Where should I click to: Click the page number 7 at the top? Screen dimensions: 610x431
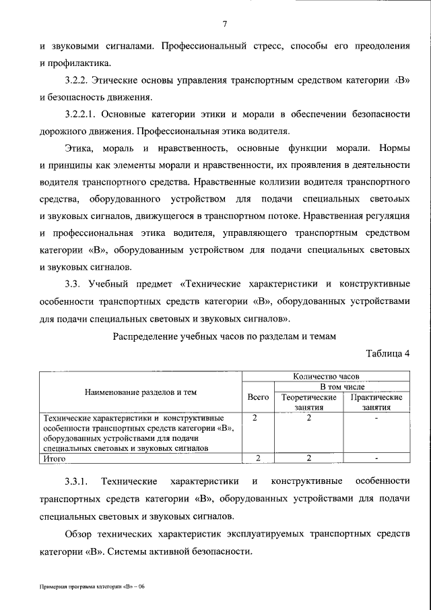[224, 25]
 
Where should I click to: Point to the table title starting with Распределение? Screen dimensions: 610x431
[224, 336]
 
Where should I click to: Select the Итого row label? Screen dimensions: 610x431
[54, 458]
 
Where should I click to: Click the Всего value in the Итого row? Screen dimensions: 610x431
[258, 458]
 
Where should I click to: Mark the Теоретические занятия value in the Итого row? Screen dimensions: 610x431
[308, 458]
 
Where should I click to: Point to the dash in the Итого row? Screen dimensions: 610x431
[376, 458]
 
